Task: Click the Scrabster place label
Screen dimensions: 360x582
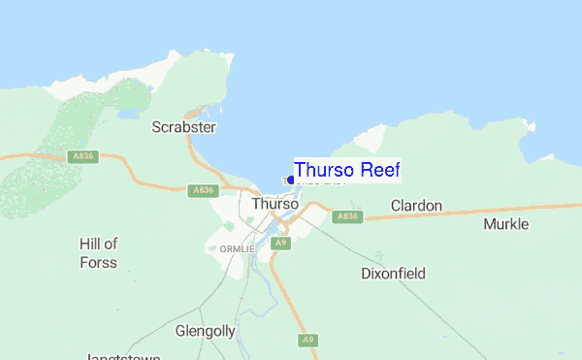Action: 184,127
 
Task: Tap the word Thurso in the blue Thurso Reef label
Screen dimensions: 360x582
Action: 324,170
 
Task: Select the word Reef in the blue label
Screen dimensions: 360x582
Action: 379,170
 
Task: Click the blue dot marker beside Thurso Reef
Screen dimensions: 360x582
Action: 291,180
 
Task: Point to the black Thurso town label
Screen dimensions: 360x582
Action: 274,205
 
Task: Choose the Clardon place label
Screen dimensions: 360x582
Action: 416,206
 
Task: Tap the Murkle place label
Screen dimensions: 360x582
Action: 505,224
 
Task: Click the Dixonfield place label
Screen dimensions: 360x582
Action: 393,274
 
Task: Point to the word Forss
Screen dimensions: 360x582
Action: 98,262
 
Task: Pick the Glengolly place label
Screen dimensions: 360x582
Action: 206,331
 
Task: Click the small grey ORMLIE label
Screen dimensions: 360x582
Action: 230,248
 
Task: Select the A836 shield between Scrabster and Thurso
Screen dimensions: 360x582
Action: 202,190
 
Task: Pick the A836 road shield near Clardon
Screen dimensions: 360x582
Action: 348,216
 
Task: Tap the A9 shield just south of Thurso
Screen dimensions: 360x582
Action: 280,243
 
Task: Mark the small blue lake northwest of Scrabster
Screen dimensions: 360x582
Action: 129,113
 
